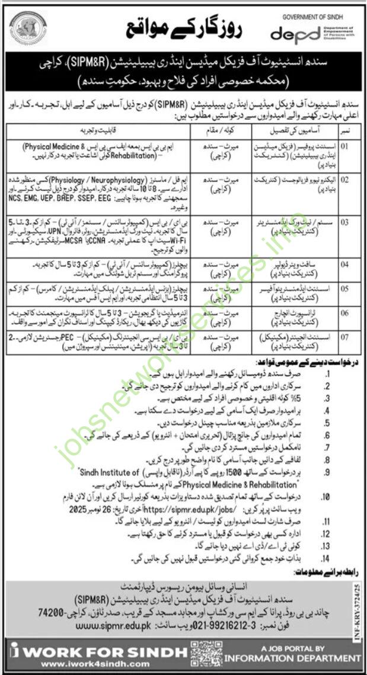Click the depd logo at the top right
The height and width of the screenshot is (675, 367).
pyautogui.click(x=294, y=34)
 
